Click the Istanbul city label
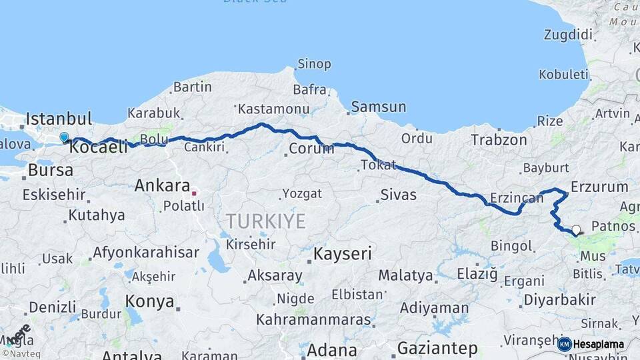tap(59, 119)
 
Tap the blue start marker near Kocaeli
tap(64, 137)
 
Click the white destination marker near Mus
tap(576, 230)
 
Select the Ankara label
tap(162, 186)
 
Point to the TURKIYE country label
tap(265, 221)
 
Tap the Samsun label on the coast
tap(378, 107)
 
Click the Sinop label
tap(313, 65)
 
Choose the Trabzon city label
tap(499, 140)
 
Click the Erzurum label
tap(599, 187)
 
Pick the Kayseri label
tap(343, 254)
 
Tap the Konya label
tap(150, 301)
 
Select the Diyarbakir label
tap(559, 300)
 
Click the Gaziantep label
tap(437, 348)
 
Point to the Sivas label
tap(398, 195)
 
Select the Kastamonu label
tap(273, 109)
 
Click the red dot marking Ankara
tap(194, 193)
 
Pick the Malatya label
tap(405, 275)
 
